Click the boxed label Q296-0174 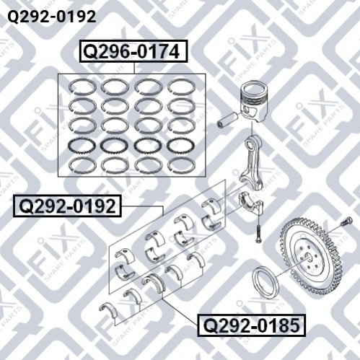(x=133, y=51)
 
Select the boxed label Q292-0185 (x=251, y=325)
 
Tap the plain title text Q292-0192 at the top (x=52, y=17)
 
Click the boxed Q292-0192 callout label (x=67, y=206)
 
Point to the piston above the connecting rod (x=255, y=100)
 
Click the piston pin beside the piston (x=228, y=120)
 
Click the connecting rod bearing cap (x=251, y=204)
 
